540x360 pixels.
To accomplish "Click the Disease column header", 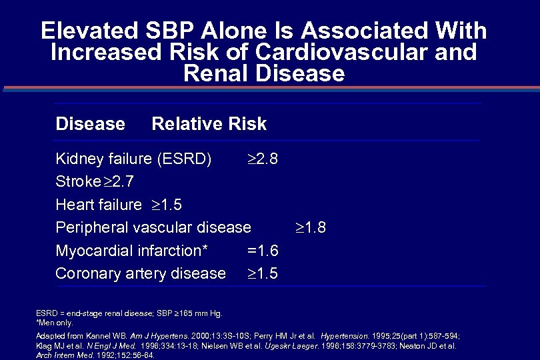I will pos(90,124).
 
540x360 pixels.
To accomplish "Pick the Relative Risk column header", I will pos(209,124).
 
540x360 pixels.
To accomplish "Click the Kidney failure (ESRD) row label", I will pos(133,159).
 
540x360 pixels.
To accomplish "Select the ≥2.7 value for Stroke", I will pos(123,182).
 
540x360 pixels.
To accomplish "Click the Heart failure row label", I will pos(99,205).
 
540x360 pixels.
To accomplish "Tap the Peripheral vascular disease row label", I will pos(153,227).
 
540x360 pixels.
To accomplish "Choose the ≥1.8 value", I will pos(311,227).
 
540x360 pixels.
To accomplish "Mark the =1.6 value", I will pos(263,251).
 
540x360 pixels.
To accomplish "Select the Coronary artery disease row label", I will pos(141,273).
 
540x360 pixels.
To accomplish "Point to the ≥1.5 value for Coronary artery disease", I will pos(263,273).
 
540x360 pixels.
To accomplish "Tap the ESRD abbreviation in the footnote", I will pos(45,313).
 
